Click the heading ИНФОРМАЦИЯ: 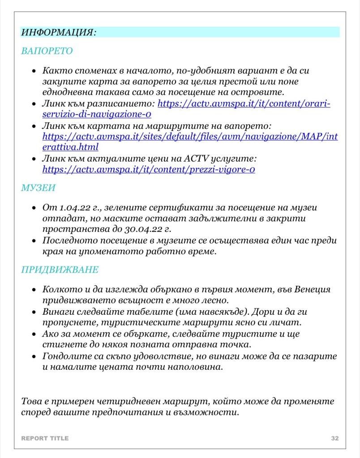pyautogui.click(x=58, y=32)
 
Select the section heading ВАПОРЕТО pyautogui.click(x=47, y=51)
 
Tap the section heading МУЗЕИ pyautogui.click(x=38, y=188)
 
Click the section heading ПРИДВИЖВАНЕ pyautogui.click(x=60, y=270)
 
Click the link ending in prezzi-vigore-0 pyautogui.click(x=149, y=170)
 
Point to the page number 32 pyautogui.click(x=335, y=438)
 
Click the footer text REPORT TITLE pyautogui.click(x=45, y=438)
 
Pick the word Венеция pyautogui.click(x=313, y=289)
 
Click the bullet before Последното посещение pyautogui.click(x=34, y=241)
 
